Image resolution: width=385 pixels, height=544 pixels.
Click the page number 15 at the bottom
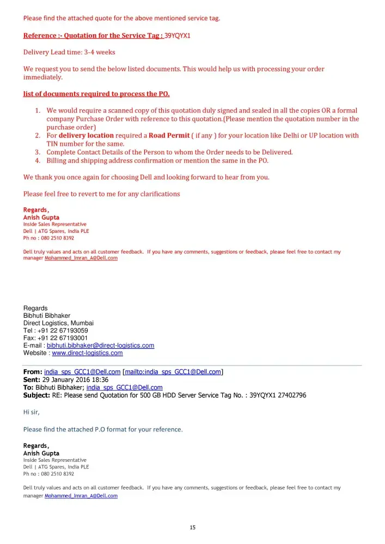click(x=192, y=527)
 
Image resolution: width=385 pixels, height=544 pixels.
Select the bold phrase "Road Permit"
click(x=169, y=135)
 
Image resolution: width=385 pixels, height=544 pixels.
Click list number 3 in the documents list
click(x=38, y=152)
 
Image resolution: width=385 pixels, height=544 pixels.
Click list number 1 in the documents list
click(x=38, y=110)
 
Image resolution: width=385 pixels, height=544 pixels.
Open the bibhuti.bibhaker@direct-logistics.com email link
click(x=100, y=345)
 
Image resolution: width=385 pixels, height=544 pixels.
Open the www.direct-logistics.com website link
click(x=87, y=353)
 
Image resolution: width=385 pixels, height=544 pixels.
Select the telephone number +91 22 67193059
click(x=63, y=330)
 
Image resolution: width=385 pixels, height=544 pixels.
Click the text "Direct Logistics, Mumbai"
click(x=58, y=323)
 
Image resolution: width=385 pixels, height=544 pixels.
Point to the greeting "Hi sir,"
click(x=32, y=412)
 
